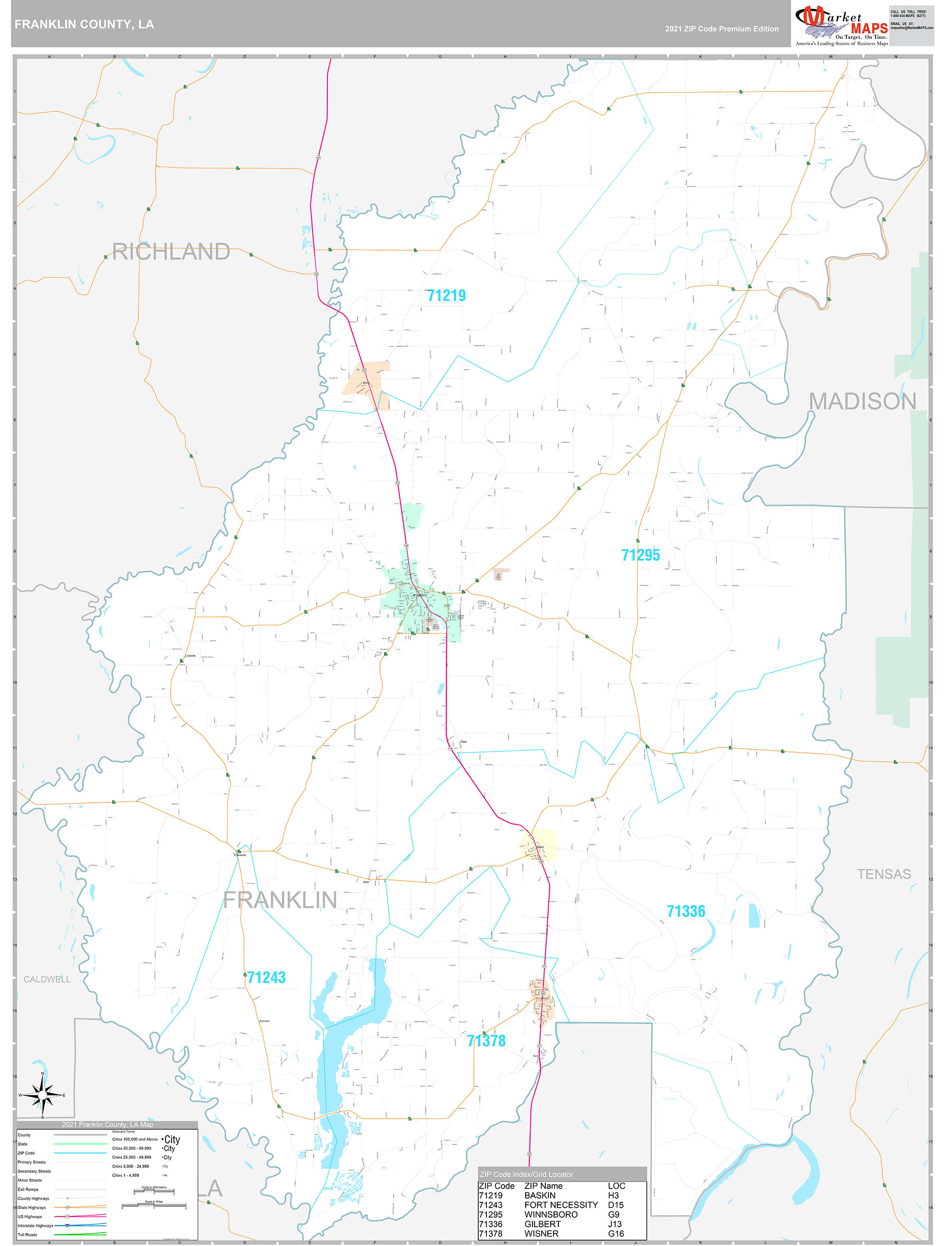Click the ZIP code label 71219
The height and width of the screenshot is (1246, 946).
point(446,296)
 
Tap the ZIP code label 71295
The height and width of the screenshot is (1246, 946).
point(640,555)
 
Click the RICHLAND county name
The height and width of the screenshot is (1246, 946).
point(171,252)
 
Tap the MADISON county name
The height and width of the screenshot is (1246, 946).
point(862,402)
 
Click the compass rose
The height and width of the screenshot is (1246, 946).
point(42,1095)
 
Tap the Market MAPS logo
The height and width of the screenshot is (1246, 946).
point(841,25)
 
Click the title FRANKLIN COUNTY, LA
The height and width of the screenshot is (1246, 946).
point(84,24)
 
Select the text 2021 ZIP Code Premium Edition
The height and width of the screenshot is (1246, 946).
point(721,29)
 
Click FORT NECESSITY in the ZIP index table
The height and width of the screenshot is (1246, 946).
point(561,1205)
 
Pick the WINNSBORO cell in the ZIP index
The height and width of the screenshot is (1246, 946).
point(551,1214)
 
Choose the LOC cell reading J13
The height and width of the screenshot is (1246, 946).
point(615,1224)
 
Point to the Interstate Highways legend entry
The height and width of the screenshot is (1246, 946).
point(35,1226)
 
